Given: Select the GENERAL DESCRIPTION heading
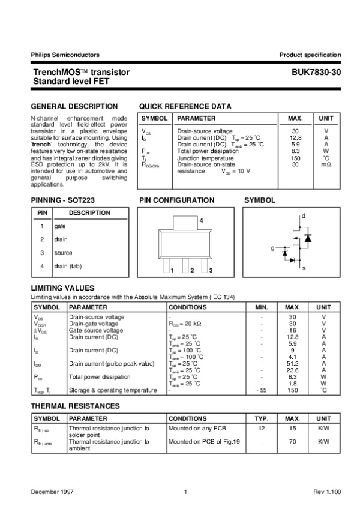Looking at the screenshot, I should coord(74,106).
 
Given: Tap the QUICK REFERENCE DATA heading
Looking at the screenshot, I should coord(185,106).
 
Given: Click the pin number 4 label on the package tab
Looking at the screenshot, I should coord(201,222).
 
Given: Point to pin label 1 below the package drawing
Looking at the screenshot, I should coord(172,271).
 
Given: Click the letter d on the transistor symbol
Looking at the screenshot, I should coord(304,215).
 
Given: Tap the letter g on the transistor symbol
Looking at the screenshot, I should coord(272,247).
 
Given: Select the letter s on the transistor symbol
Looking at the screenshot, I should coord(304,268).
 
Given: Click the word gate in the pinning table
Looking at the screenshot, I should coord(60,226).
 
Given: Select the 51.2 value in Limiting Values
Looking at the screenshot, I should coord(293,363).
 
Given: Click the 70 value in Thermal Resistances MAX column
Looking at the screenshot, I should coord(293,441).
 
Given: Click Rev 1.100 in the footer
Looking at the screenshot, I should coord(327,492).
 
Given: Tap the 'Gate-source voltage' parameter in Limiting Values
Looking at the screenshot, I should coord(96,330).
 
